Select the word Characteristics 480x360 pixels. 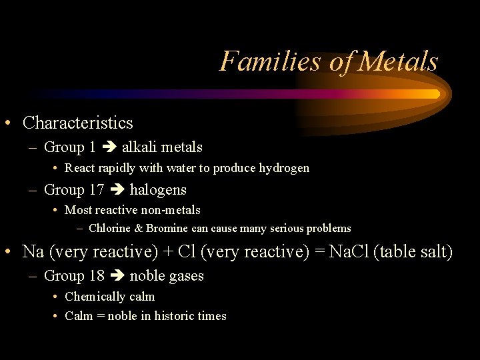tap(78, 123)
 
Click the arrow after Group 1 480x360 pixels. tap(109, 147)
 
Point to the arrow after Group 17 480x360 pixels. tap(117, 190)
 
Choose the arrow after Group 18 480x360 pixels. tap(117, 276)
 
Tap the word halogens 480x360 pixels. tap(158, 190)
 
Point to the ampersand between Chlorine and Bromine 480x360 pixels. tap(139, 229)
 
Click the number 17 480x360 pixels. tap(96, 190)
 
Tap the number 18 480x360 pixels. tap(96, 276)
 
